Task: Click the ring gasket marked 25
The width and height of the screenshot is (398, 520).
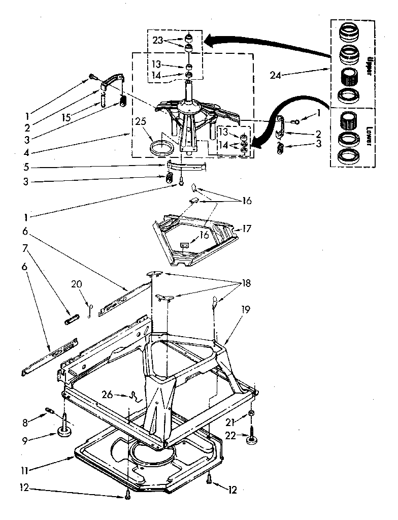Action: (162, 150)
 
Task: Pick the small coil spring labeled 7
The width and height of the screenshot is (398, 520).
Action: (72, 320)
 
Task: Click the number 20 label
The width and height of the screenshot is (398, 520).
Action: (76, 284)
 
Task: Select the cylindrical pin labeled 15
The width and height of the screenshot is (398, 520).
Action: (104, 98)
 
